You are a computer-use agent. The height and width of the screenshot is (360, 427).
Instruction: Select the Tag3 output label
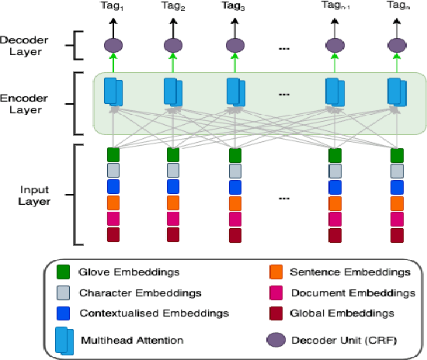coord(233,6)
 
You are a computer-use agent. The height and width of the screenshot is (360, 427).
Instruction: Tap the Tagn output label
coord(397,6)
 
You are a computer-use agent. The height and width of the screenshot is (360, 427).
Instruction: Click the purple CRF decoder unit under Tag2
coord(173,46)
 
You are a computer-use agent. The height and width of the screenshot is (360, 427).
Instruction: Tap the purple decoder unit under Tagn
coord(397,46)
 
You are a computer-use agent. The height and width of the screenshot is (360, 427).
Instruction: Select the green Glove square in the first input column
coord(113,154)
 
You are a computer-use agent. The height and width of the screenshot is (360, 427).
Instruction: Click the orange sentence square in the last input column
coord(397,202)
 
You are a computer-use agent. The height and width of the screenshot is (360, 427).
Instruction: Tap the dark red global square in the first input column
coord(113,235)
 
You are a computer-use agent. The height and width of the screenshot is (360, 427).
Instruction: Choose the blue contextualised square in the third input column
coord(234,186)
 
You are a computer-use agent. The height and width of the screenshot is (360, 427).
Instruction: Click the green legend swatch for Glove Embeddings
coord(64,272)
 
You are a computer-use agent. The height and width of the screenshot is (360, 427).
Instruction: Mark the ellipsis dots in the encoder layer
coord(284,95)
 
